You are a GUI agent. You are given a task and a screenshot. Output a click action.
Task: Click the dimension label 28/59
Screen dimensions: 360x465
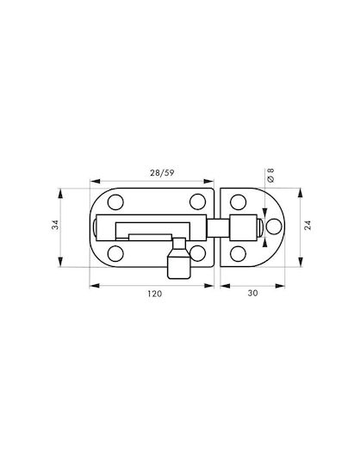[x=162, y=173]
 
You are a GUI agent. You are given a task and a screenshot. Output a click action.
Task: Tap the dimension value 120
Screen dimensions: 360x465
[x=155, y=294]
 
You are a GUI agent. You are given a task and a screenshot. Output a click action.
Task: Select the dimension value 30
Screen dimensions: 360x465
[x=252, y=293]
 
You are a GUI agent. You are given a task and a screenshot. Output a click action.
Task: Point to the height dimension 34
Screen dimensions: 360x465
[x=55, y=225]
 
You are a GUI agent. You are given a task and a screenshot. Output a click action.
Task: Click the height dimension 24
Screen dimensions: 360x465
[x=307, y=226]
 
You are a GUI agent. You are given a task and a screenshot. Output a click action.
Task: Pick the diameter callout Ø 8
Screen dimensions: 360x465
[x=270, y=175]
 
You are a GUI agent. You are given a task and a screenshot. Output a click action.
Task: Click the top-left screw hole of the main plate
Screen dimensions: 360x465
[x=115, y=202]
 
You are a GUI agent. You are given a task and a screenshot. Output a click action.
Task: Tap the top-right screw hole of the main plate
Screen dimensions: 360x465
[x=197, y=201]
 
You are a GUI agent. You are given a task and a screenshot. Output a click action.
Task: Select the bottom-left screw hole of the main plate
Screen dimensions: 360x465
[x=115, y=254]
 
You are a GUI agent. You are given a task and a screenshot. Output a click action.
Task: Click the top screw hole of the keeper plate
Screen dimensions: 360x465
[x=238, y=202]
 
